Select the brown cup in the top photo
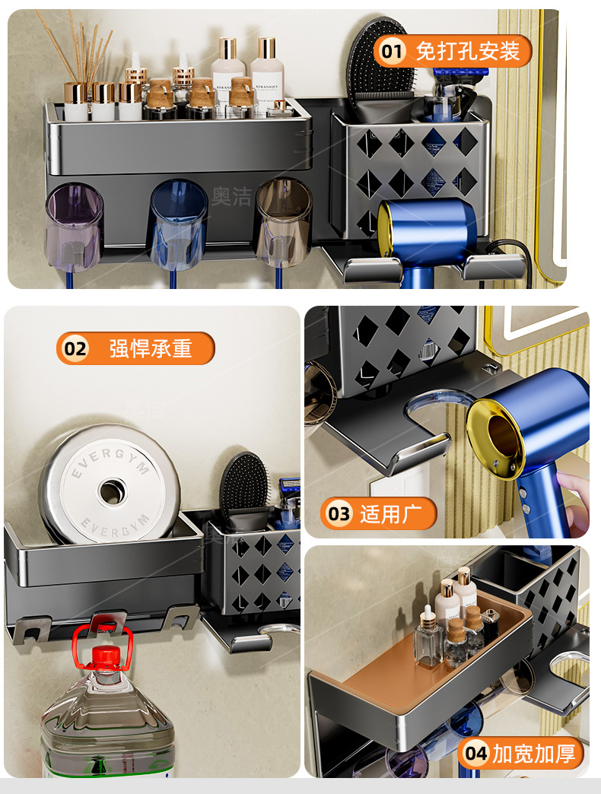point(283,222)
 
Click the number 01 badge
point(391,51)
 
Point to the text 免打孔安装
point(467,51)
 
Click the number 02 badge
point(75,348)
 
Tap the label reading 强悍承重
point(151,348)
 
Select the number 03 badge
point(339,514)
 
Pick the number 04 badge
point(476,754)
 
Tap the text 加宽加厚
point(534,754)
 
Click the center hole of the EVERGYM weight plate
point(111,492)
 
